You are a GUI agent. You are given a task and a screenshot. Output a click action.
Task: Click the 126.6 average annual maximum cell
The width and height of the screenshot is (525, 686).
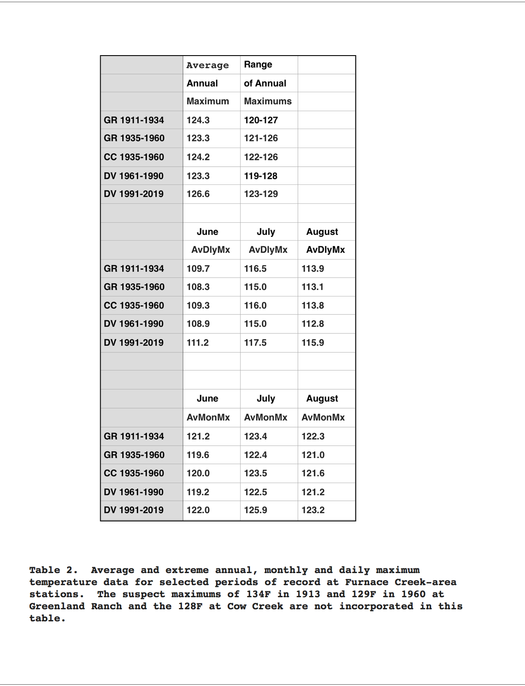[x=198, y=194]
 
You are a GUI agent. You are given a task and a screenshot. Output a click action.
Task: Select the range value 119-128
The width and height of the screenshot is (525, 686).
[x=260, y=176]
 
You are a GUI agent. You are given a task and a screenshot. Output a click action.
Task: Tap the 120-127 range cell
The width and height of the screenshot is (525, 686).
[x=261, y=120]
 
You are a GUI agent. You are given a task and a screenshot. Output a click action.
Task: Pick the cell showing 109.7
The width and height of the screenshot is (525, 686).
[x=198, y=268]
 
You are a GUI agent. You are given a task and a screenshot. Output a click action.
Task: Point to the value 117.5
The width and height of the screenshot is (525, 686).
[x=255, y=343]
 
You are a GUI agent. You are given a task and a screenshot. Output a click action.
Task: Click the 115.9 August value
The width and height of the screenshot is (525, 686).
[x=312, y=343]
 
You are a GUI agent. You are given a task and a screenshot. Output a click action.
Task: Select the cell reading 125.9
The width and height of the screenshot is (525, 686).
[x=255, y=510]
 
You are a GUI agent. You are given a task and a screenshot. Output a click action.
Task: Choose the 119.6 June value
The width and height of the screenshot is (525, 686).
[x=198, y=455]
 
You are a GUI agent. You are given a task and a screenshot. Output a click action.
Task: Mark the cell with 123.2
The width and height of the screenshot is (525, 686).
[x=312, y=510]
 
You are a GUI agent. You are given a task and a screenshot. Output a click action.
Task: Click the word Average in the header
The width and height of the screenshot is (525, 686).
[x=207, y=65]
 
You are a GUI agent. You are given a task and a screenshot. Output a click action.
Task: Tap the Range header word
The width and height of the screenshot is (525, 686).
[x=258, y=65]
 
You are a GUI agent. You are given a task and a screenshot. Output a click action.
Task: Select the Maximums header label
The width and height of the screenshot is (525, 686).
[x=268, y=101]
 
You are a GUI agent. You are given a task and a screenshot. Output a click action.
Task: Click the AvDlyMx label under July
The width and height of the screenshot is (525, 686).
[x=268, y=250]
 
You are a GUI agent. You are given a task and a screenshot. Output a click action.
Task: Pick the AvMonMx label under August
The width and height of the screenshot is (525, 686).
[x=323, y=418]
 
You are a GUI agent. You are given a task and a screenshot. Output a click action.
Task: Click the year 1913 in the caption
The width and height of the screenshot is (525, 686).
[x=308, y=594]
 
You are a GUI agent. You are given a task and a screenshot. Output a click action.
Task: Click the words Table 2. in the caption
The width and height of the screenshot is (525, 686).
[x=53, y=570]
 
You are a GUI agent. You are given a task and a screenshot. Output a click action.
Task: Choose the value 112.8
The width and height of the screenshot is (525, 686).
[x=312, y=324]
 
